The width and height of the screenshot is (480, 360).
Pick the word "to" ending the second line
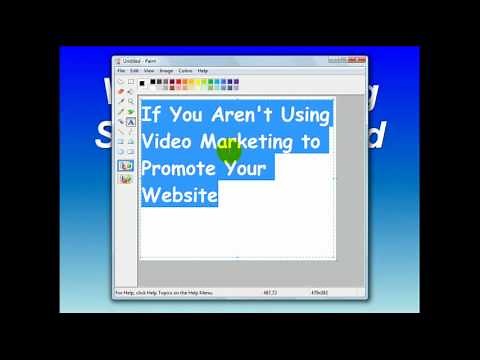(312, 142)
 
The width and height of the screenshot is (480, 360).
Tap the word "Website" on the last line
(179, 194)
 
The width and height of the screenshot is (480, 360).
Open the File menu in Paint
(121, 71)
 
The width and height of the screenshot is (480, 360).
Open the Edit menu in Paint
(135, 71)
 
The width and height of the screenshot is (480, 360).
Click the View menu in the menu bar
(149, 71)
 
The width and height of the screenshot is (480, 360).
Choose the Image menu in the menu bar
(166, 71)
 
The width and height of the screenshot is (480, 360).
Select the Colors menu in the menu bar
(185, 71)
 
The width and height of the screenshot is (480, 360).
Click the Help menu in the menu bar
(203, 71)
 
